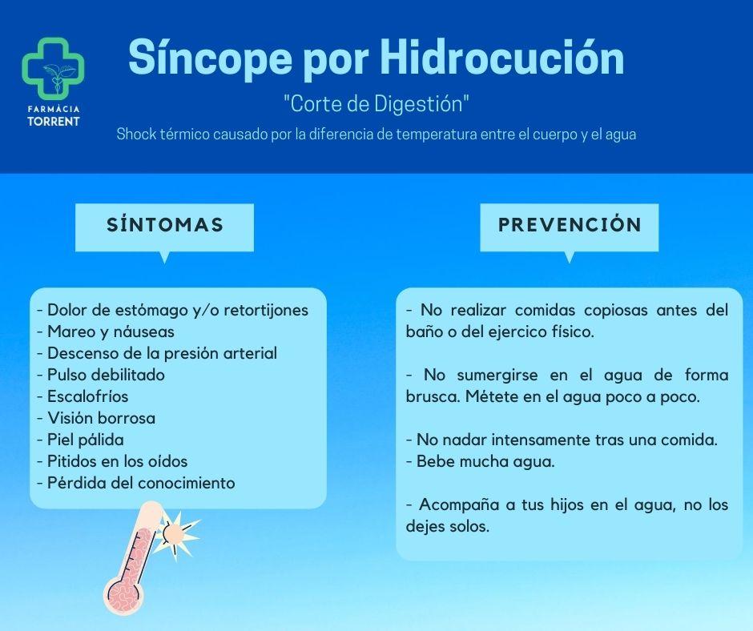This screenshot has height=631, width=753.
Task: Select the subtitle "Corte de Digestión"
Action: (376, 104)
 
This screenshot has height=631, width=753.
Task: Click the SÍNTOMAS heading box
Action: (164, 225)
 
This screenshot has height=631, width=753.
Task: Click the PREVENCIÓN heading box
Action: (570, 225)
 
